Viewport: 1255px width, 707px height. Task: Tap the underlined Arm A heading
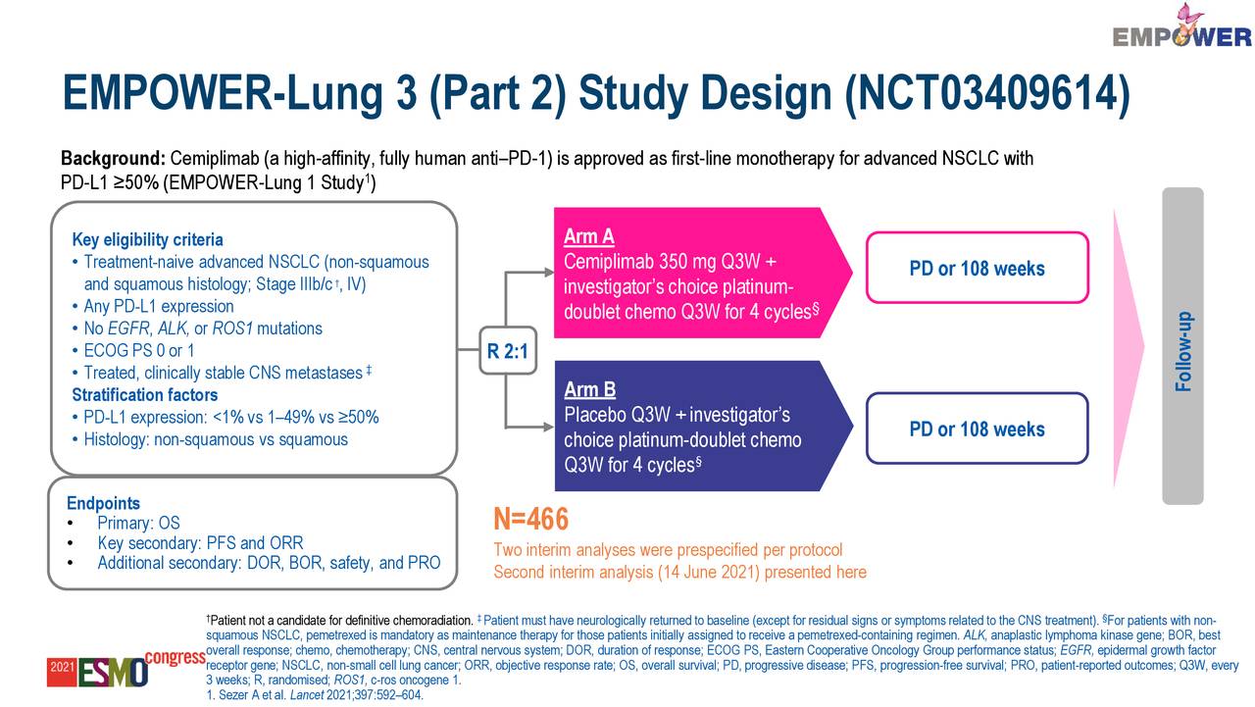point(589,236)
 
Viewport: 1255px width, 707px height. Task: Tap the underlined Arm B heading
point(589,389)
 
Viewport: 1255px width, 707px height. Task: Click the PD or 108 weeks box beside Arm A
point(977,268)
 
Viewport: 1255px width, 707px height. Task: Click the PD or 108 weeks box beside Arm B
point(977,429)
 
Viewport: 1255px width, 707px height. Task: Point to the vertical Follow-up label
point(1183,351)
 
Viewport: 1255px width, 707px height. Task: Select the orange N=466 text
point(530,520)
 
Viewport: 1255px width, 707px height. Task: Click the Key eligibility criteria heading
point(147,240)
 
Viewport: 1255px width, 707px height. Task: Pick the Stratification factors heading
point(144,395)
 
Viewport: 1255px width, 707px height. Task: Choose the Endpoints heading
point(103,503)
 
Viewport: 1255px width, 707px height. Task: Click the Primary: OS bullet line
point(137,524)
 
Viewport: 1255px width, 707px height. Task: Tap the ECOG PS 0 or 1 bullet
point(138,350)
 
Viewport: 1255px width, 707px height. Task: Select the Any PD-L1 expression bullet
point(158,306)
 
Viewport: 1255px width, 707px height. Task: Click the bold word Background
point(113,159)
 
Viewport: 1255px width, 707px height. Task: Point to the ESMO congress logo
point(125,669)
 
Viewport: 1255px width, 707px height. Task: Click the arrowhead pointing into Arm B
point(545,428)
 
